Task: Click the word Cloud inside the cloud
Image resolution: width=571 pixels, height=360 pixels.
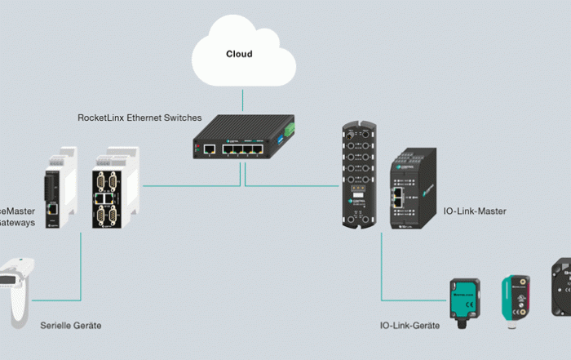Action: click(x=239, y=55)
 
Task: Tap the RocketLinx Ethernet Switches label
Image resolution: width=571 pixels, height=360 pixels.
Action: click(x=139, y=118)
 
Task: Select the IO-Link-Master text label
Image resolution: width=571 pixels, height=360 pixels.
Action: click(x=475, y=211)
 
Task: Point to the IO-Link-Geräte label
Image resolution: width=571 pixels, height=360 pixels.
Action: click(x=409, y=326)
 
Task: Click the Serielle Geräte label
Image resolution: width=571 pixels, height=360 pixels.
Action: click(x=71, y=326)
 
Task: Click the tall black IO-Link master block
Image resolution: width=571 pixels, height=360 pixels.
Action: click(x=358, y=175)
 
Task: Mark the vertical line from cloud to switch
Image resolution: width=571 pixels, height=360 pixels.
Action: click(x=241, y=100)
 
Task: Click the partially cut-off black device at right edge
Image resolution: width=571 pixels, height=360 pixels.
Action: click(x=560, y=286)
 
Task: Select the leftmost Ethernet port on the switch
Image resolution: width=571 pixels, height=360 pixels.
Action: click(x=209, y=149)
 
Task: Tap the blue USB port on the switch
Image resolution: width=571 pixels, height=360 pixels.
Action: click(x=279, y=144)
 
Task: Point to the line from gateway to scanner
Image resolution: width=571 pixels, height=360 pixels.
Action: click(x=81, y=269)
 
